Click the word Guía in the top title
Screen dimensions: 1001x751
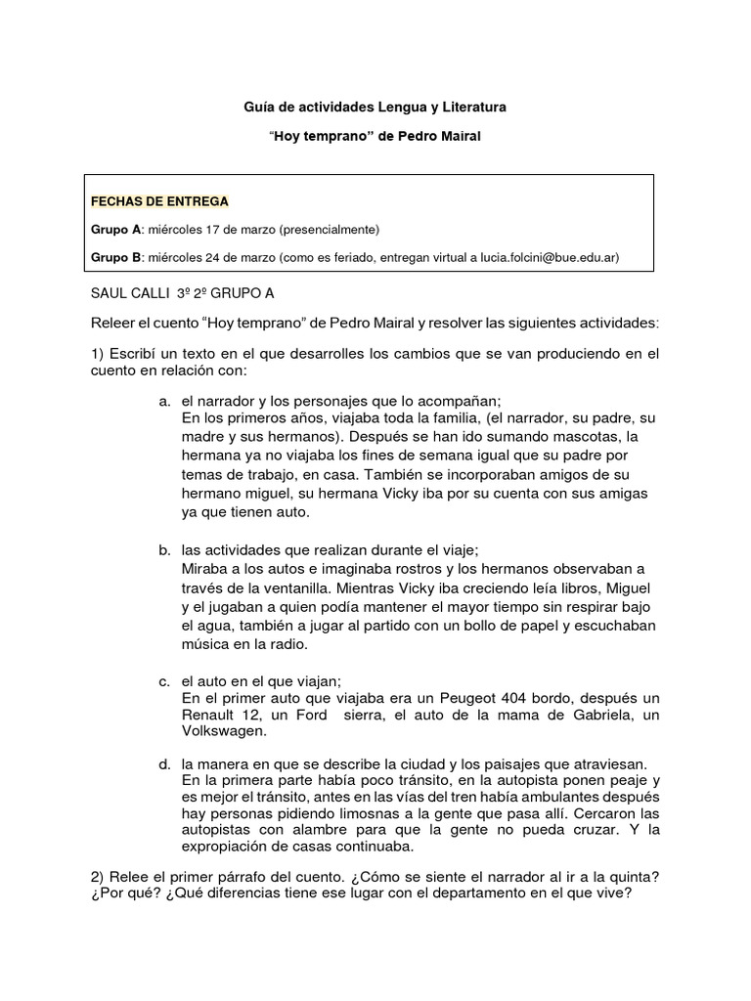point(259,105)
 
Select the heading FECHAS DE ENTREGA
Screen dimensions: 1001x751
point(159,201)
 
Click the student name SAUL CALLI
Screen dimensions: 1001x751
point(128,293)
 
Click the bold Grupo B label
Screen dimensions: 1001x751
point(116,257)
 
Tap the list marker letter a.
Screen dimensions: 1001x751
point(164,401)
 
